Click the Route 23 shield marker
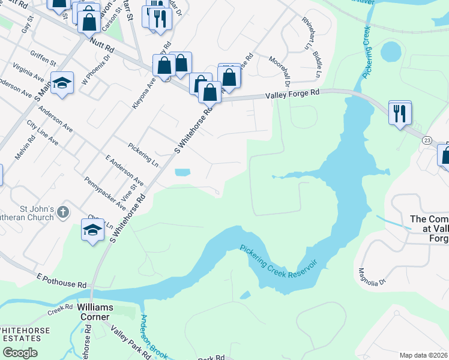tap(426, 140)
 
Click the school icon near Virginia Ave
tap(62, 83)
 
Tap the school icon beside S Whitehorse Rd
tap(93, 230)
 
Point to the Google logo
tap(20, 352)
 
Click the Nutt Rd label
tap(100, 44)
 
